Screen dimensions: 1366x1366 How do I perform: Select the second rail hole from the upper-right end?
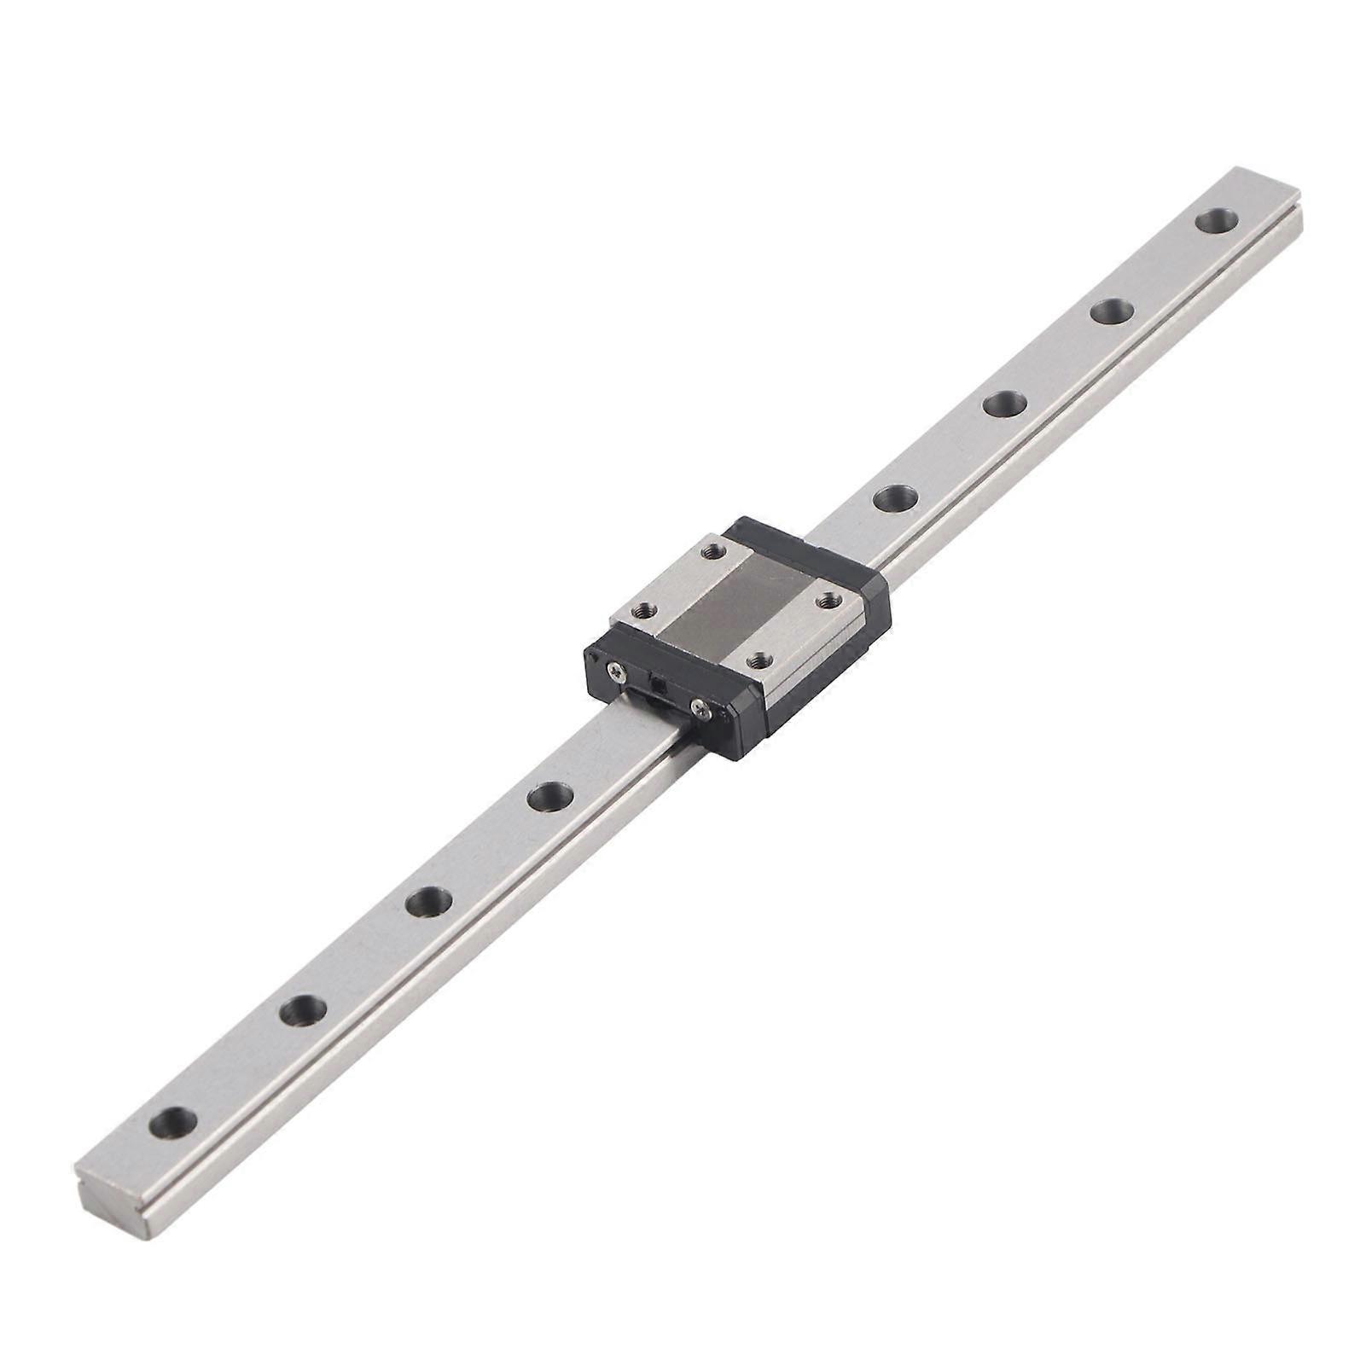click(x=1113, y=311)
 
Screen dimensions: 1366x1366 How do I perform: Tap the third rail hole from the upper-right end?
click(x=1004, y=404)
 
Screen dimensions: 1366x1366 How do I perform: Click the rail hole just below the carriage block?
click(x=549, y=798)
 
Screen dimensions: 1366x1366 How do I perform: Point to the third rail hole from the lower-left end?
click(x=428, y=901)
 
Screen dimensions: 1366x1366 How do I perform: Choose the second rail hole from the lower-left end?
click(x=305, y=1011)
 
